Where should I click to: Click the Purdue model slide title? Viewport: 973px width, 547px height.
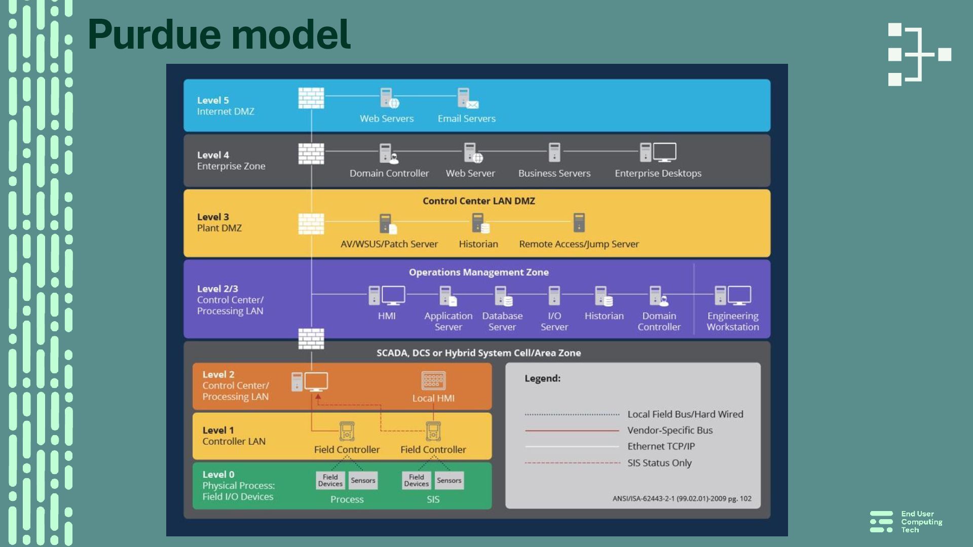coord(219,34)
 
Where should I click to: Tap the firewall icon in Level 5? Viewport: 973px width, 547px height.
coord(311,98)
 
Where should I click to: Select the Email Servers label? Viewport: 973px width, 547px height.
coord(466,119)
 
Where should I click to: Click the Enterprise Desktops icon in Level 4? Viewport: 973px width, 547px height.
coord(658,152)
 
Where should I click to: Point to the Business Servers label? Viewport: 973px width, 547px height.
coord(554,173)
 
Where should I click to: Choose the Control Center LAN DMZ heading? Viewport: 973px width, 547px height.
coord(478,201)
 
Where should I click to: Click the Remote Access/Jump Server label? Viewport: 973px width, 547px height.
coord(579,244)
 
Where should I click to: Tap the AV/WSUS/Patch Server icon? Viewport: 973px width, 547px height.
coord(388,223)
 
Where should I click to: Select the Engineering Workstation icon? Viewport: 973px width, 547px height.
coord(732,296)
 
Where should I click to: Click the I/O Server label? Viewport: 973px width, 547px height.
coord(554,321)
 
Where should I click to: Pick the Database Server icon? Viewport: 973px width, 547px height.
coord(503,296)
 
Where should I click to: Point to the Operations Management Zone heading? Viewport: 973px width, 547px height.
coord(478,272)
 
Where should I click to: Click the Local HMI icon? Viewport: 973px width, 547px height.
coord(433,381)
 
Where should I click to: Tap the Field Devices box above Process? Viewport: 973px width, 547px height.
coord(330,480)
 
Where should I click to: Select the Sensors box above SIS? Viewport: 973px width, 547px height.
coord(449,480)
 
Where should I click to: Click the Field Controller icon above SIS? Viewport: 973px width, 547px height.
coord(433,432)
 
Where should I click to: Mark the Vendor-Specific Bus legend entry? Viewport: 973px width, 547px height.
coord(669,431)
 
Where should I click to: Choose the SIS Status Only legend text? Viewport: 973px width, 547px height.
coord(659,463)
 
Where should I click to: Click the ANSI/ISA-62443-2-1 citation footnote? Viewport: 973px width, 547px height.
coord(682,499)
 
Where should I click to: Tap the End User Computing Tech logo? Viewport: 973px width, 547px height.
coord(906,522)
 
